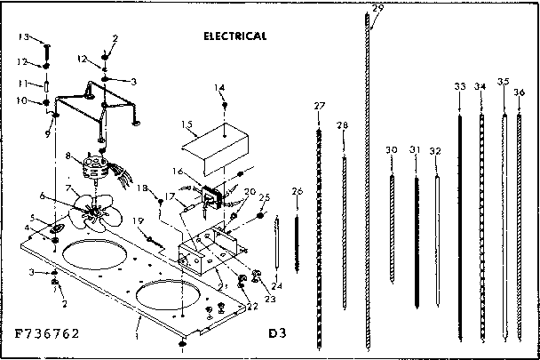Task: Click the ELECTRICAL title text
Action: (235, 36)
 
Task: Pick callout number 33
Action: (459, 86)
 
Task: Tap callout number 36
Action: (520, 92)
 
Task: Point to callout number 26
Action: (297, 191)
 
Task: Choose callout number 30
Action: (392, 149)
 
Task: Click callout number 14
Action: (219, 88)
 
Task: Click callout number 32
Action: (434, 151)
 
